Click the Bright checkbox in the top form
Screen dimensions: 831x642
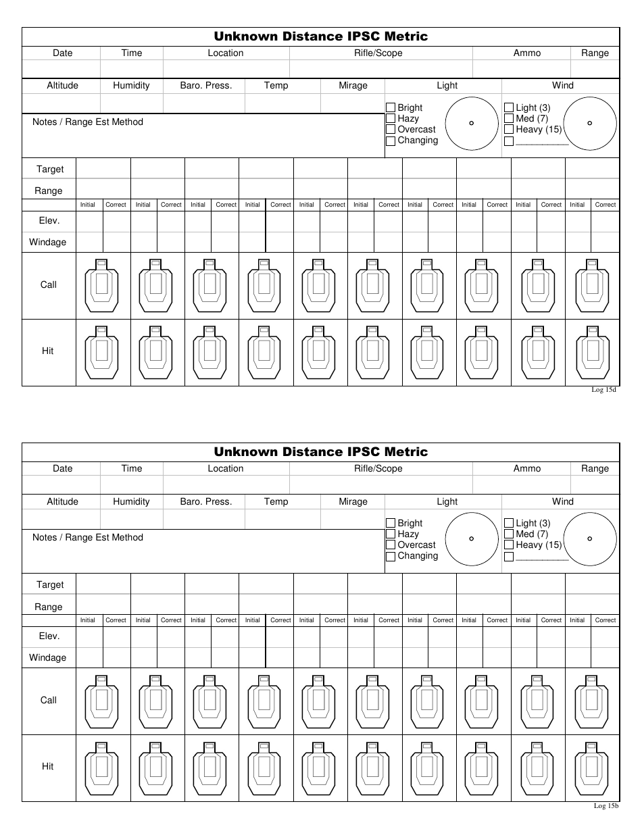(391, 107)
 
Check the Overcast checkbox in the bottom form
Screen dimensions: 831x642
(391, 545)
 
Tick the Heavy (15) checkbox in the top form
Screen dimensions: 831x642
(509, 130)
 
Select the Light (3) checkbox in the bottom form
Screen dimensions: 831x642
(509, 523)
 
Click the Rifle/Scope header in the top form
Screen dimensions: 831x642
(378, 53)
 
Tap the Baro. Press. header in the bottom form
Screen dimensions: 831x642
(205, 502)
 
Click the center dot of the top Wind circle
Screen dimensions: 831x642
(590, 123)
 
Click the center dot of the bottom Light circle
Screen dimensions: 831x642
(472, 538)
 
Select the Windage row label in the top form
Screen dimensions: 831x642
(48, 242)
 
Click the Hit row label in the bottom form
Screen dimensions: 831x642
(48, 767)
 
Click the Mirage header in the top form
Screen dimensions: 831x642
(353, 86)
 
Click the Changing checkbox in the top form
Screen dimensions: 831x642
(391, 141)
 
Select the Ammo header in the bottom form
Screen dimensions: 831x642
(527, 469)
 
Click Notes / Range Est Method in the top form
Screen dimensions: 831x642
(88, 122)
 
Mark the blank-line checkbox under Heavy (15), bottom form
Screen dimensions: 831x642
(509, 557)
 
